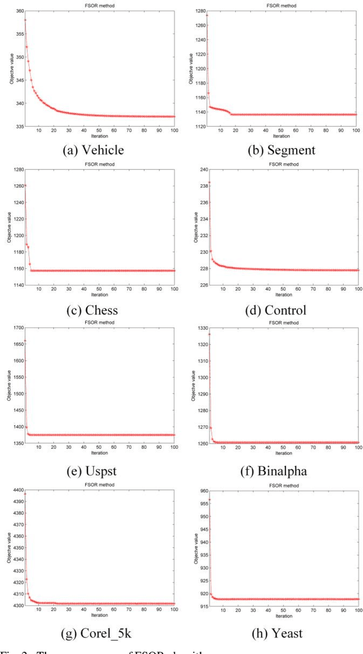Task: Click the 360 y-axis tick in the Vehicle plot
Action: (20, 11)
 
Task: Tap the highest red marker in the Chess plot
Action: (26, 185)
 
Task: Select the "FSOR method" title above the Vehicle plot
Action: (99, 5)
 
